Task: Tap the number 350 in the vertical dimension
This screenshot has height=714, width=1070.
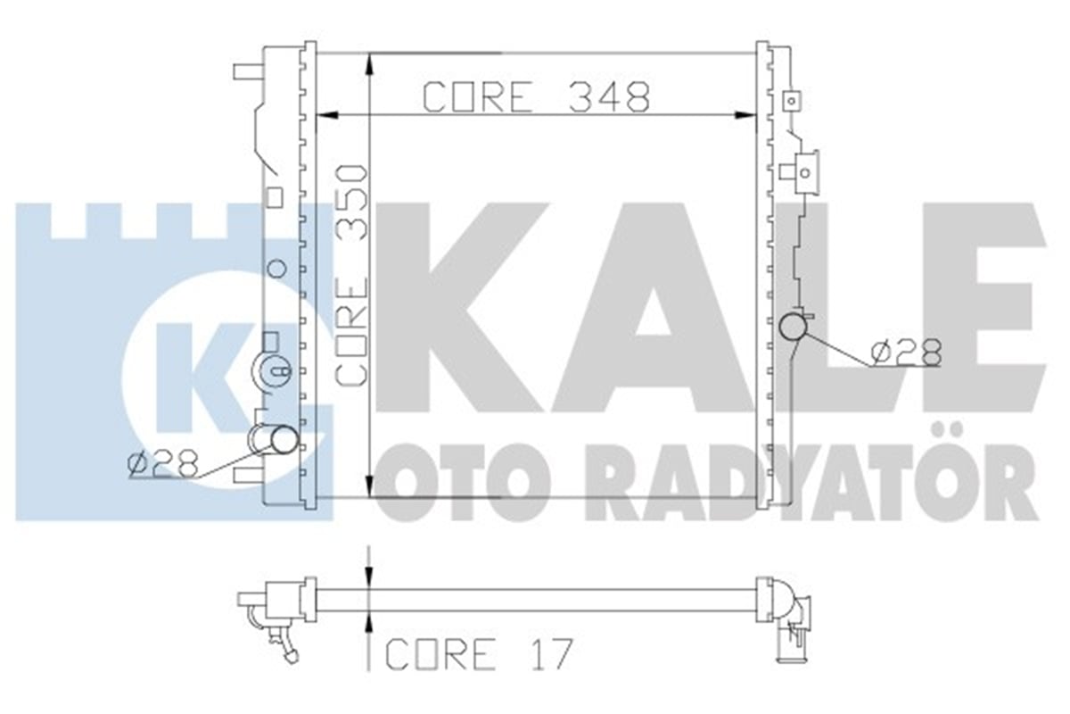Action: pyautogui.click(x=352, y=203)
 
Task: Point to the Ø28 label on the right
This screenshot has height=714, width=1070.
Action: pyautogui.click(x=906, y=353)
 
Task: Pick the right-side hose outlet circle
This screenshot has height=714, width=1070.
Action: pyautogui.click(x=793, y=327)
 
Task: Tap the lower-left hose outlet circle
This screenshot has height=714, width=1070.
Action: pyautogui.click(x=284, y=439)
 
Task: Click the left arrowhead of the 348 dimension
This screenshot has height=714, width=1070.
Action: pyautogui.click(x=328, y=115)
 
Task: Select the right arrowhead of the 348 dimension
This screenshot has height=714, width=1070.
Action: pyautogui.click(x=745, y=115)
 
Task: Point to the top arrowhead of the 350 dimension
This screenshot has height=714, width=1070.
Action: pyautogui.click(x=369, y=63)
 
